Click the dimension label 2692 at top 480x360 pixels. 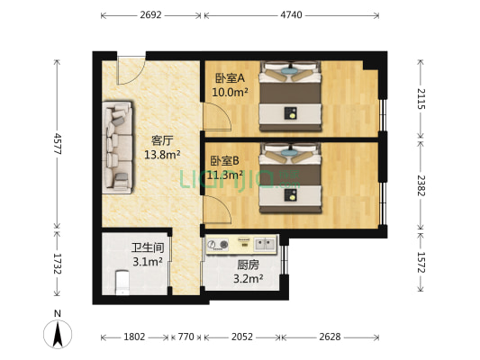click(x=151, y=15)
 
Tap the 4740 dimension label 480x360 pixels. click(x=292, y=15)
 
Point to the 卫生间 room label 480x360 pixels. click(x=147, y=247)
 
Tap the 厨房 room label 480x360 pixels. click(x=249, y=265)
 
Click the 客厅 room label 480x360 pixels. click(x=162, y=140)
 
